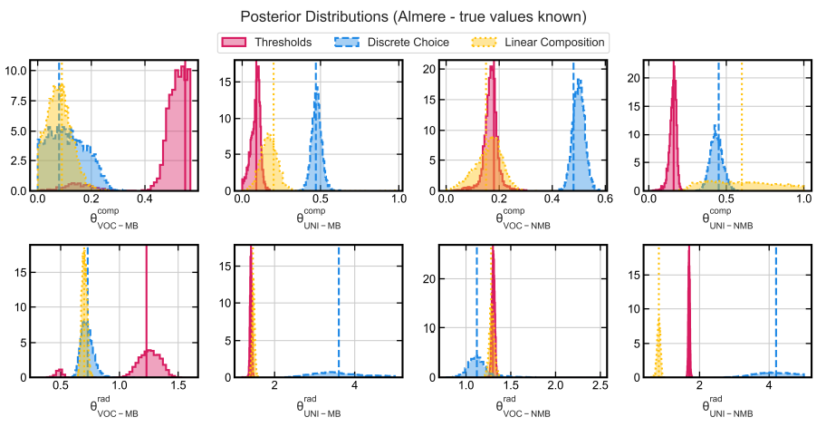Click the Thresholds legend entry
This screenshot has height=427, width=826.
click(x=283, y=43)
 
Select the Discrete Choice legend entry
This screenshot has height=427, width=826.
click(x=408, y=43)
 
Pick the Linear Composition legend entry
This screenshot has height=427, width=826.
click(x=554, y=43)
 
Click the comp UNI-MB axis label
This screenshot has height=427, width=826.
click(x=319, y=218)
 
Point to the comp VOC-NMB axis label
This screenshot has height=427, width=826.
click(x=524, y=218)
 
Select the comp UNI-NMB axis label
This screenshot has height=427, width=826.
click(x=728, y=218)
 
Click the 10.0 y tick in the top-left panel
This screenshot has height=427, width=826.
click(x=15, y=70)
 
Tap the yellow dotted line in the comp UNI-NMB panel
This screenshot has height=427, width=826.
click(x=741, y=118)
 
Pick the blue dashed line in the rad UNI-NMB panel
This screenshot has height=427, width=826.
click(x=776, y=308)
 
